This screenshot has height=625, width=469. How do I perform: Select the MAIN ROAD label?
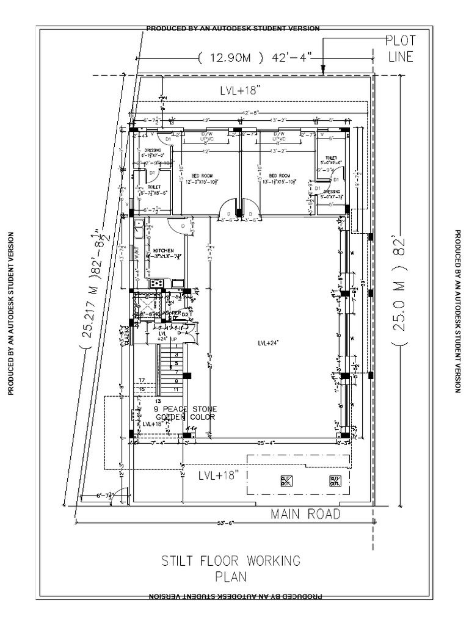click(x=305, y=515)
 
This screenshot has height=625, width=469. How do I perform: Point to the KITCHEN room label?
click(x=163, y=251)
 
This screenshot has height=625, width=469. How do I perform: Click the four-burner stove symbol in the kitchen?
click(x=155, y=283)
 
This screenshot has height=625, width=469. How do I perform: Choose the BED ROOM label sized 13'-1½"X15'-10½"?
click(x=280, y=178)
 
